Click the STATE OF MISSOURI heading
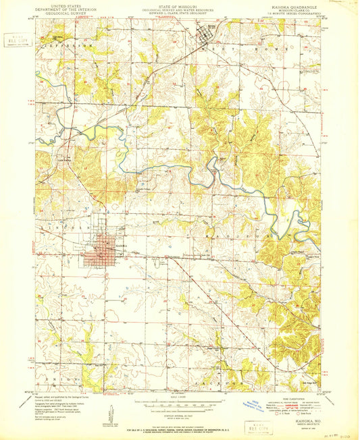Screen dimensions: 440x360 coord(180,4)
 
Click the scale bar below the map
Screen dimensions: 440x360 coord(180,406)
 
